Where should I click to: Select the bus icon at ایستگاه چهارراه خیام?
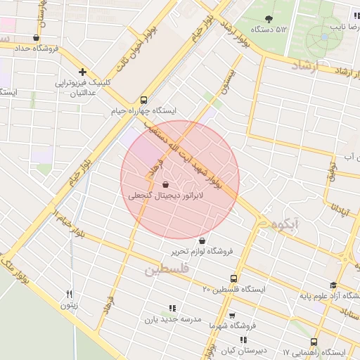coord(144,100)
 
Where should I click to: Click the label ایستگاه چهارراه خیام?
coord(144,111)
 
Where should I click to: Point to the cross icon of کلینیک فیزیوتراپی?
coord(83,71)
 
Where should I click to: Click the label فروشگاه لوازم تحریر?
coord(207,251)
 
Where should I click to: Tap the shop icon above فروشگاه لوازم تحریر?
coord(203,239)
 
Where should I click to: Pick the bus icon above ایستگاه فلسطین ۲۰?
coord(234,278)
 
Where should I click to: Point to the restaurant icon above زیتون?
coord(69,294)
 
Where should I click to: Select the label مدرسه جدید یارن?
coord(173,319)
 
